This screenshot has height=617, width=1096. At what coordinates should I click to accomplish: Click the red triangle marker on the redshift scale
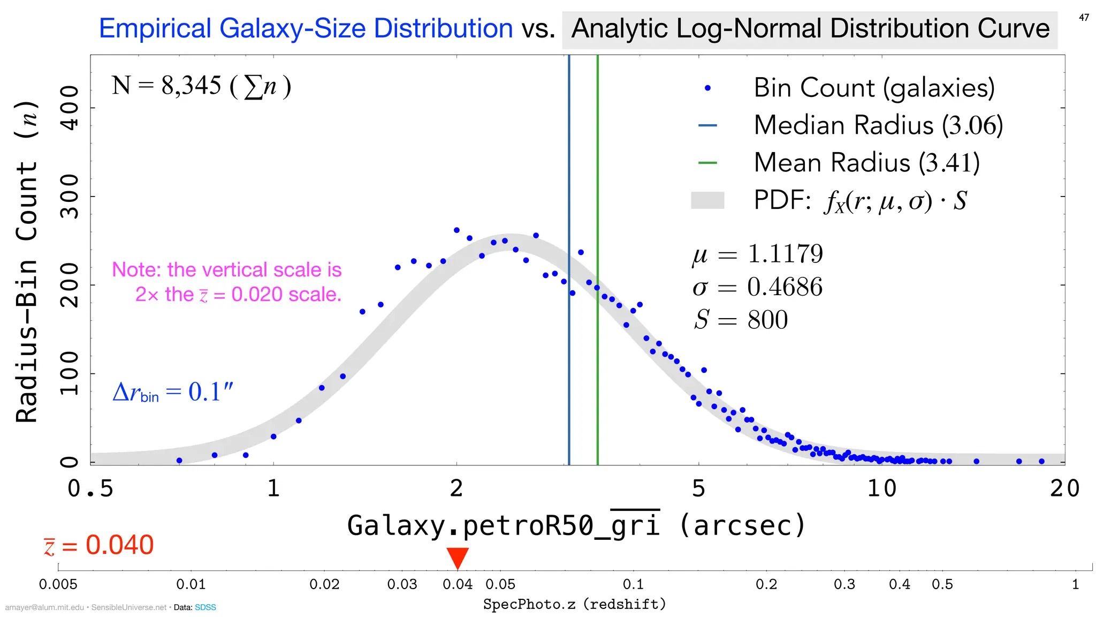(x=458, y=557)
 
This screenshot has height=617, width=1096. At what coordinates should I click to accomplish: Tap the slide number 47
(x=1084, y=18)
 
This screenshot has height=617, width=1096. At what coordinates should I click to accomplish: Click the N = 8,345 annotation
(x=201, y=86)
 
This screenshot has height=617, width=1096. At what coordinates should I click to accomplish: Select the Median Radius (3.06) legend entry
(x=878, y=125)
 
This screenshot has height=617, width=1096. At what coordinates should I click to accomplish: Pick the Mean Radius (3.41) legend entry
(x=866, y=163)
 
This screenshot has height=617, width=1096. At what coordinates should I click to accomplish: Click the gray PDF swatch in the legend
(x=707, y=200)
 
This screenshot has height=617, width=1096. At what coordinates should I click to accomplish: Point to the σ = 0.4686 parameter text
(x=757, y=287)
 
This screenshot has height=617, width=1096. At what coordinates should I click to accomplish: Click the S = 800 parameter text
(x=741, y=320)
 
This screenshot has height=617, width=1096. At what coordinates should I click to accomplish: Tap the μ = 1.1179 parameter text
(x=757, y=254)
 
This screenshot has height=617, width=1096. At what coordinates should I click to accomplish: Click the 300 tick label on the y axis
(x=70, y=197)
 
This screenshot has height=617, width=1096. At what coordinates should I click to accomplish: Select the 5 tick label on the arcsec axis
(x=698, y=488)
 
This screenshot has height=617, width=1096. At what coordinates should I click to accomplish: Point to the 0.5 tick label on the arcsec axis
(x=90, y=488)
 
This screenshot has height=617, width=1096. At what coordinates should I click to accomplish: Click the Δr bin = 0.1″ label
(x=173, y=393)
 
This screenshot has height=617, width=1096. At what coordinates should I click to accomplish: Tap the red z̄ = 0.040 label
(x=99, y=545)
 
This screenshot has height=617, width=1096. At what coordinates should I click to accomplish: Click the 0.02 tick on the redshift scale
(x=324, y=584)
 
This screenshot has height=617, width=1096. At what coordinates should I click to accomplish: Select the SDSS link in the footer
(x=205, y=607)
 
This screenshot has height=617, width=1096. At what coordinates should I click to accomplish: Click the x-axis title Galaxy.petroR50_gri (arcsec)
(x=576, y=525)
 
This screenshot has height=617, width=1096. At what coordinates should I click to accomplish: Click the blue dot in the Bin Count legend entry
(x=707, y=88)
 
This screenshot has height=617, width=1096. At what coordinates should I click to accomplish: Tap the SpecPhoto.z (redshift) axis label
(x=575, y=604)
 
